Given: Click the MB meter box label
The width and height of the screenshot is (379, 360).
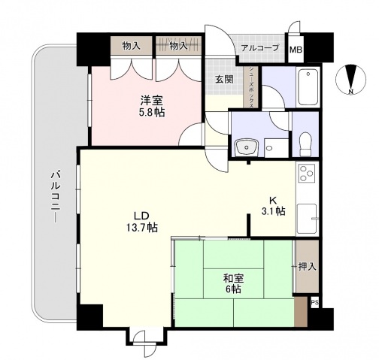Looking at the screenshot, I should (x=296, y=50).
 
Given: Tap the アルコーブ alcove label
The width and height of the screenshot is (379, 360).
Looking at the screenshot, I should (x=259, y=48).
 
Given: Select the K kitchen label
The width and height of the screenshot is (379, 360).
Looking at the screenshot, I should (x=274, y=200).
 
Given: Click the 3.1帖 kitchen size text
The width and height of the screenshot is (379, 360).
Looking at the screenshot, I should (x=273, y=212).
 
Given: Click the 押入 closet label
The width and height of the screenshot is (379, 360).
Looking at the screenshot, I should (x=306, y=266).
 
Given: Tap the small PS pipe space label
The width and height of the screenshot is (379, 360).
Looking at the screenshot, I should (x=314, y=304).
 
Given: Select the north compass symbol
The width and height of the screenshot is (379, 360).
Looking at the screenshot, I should (x=350, y=80).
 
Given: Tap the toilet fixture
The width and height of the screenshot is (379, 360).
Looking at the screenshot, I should (x=305, y=142).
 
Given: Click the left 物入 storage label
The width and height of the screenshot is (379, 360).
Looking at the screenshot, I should (x=132, y=46).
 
